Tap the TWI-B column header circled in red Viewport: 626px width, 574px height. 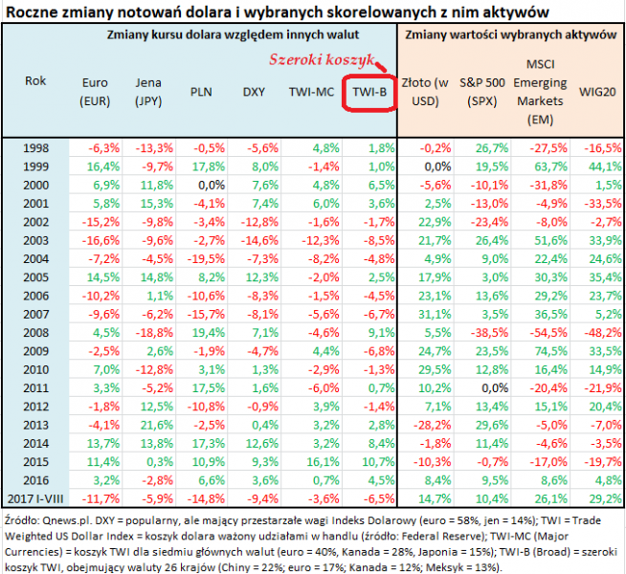[x=369, y=93]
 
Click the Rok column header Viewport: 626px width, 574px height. [x=34, y=81]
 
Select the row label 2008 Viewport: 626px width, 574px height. [x=34, y=333]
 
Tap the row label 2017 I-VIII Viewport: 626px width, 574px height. [x=34, y=497]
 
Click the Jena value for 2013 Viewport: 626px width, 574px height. [x=155, y=425]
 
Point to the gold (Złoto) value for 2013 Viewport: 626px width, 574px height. [x=422, y=425]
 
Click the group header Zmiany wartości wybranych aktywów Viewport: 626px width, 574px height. [x=510, y=35]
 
